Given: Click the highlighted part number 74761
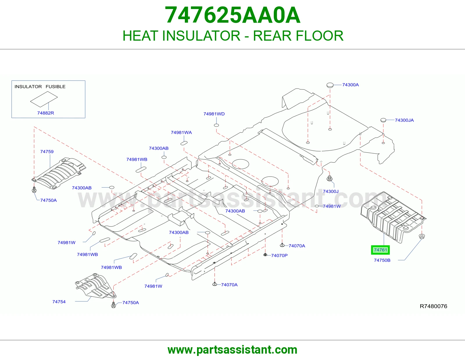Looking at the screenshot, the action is [380, 250].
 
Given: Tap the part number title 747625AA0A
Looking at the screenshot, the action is [233, 15].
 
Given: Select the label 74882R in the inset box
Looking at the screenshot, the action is [46, 113].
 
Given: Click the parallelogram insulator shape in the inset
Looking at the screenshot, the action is [44, 99].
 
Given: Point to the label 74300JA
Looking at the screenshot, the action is [404, 120].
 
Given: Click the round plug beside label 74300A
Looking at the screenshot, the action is [330, 85].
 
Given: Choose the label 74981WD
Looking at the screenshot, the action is [214, 114].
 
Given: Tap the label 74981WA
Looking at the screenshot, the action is [181, 132].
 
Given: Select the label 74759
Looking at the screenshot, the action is [47, 152].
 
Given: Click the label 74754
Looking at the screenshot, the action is [59, 302].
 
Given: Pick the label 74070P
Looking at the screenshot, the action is [279, 255].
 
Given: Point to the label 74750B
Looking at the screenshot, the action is [382, 260].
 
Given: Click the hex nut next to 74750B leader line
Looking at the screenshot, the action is [422, 236].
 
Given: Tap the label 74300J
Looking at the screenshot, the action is [331, 191].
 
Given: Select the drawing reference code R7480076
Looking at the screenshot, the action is [433, 306].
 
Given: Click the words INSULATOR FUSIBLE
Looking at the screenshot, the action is [40, 87].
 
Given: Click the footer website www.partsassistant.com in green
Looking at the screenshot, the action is [233, 350].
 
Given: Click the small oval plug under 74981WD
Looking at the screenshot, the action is [216, 125].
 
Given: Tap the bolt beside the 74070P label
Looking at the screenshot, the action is [265, 255].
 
